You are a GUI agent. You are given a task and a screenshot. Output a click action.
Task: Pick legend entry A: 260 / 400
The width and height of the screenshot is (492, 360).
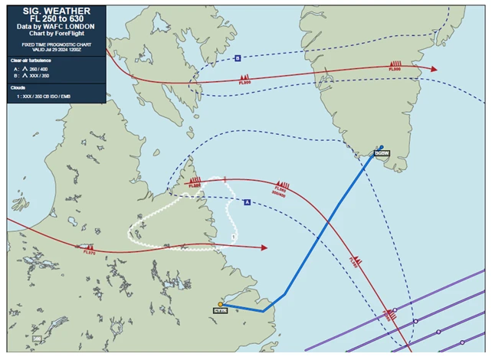(34, 68)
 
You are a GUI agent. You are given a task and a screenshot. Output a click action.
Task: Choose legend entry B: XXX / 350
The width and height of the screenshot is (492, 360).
(34, 76)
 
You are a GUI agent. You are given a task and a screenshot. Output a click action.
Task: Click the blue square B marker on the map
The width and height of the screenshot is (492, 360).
(238, 58)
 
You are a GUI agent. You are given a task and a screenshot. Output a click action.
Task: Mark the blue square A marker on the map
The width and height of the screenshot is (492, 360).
(247, 201)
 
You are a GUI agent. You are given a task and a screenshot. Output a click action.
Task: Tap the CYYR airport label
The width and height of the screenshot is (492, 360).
(221, 310)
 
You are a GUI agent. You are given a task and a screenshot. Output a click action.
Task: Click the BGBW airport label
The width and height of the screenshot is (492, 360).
(382, 153)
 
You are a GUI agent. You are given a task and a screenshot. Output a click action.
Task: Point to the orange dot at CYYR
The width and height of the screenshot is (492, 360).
(221, 304)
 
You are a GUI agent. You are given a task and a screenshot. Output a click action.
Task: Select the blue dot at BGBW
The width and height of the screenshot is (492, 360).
(381, 147)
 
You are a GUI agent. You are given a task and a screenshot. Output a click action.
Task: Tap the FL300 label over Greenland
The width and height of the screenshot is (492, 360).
(395, 70)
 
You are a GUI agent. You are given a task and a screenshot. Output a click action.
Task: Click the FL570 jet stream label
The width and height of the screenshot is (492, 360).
(89, 252)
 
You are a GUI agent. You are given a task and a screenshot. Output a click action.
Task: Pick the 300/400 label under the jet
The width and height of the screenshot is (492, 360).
(279, 195)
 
